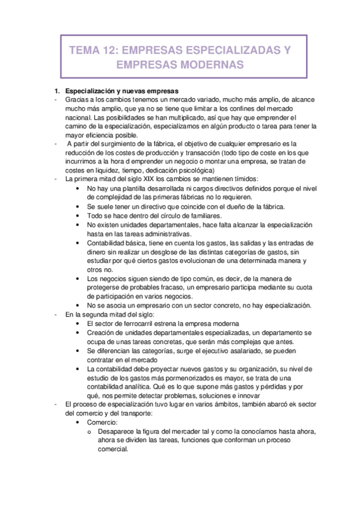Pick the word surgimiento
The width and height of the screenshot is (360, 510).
(x=115, y=144)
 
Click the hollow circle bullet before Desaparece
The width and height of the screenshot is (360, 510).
(x=89, y=432)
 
